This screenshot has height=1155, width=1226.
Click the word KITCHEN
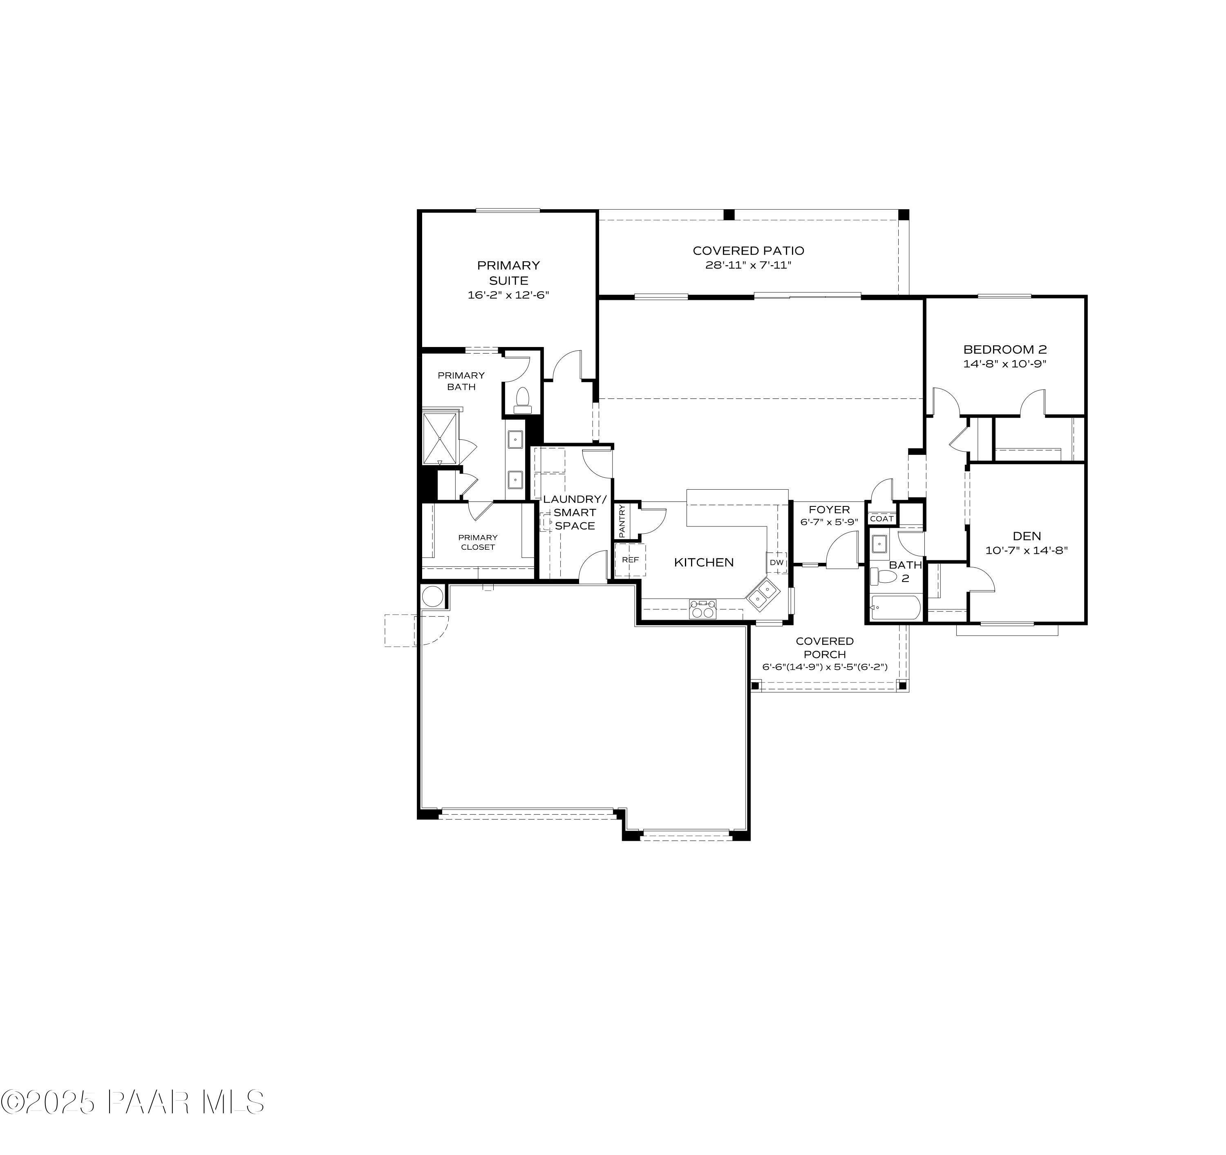(704, 562)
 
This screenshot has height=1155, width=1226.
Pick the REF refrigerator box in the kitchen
(630, 560)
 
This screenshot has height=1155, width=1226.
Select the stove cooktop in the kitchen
(703, 609)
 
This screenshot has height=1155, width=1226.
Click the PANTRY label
(622, 520)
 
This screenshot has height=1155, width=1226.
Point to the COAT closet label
(881, 519)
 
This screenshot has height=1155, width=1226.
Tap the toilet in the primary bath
(522, 400)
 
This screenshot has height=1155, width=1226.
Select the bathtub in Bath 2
(895, 609)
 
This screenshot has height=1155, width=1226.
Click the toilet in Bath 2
(884, 577)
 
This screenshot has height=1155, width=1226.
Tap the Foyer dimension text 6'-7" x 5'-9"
(829, 522)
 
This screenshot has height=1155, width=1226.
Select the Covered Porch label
(825, 647)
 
